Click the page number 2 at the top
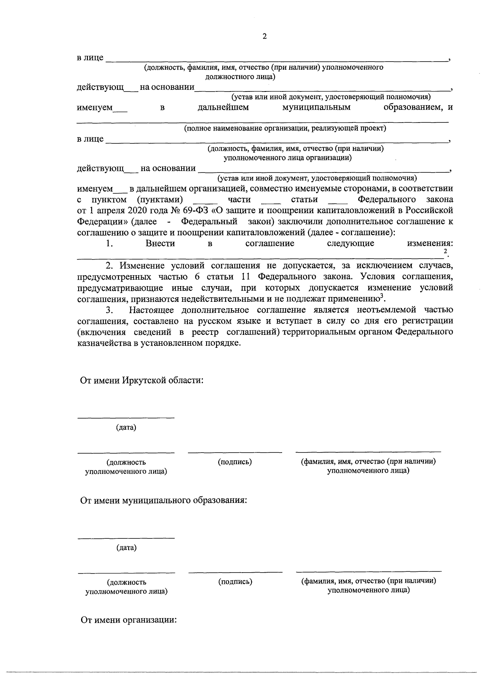click(x=264, y=37)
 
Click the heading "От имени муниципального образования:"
click(x=163, y=500)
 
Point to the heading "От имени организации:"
click(x=129, y=620)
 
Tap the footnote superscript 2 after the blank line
click(x=445, y=251)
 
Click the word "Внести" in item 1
click(x=160, y=243)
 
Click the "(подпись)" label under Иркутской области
click(x=235, y=462)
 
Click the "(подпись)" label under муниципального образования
click(x=235, y=581)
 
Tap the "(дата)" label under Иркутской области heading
click(x=126, y=428)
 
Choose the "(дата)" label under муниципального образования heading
click(x=126, y=548)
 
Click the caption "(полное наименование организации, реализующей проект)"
click(x=285, y=128)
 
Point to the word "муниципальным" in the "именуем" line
click(x=316, y=108)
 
